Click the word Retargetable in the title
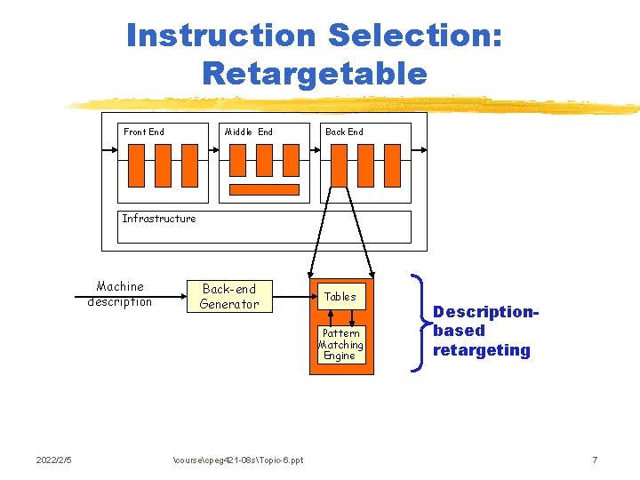[x=315, y=73]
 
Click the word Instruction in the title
[x=221, y=36]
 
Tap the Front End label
[x=144, y=132]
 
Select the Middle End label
[x=249, y=132]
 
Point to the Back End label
[x=344, y=132]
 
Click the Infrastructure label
[x=159, y=219]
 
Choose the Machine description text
[x=120, y=294]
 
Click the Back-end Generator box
[x=229, y=297]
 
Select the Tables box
[x=340, y=297]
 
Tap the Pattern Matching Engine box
[x=340, y=344]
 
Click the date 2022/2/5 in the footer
[x=53, y=460]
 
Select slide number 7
[x=595, y=460]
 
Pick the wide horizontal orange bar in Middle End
[x=265, y=189]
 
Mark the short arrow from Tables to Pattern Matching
[x=353, y=318]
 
